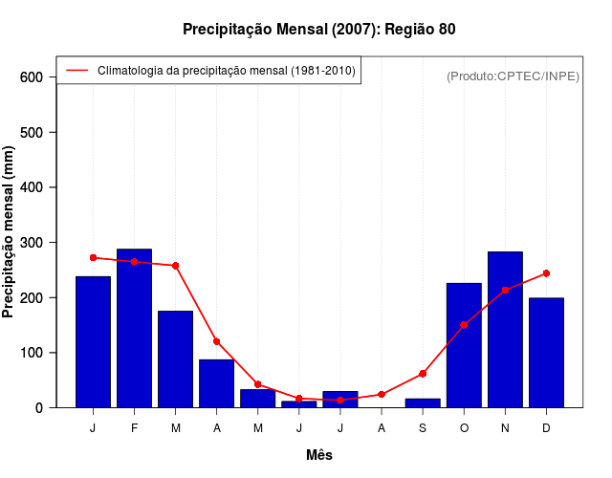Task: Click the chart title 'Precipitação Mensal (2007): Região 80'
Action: (319, 30)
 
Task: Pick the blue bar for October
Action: (464, 345)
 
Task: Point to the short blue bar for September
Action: (423, 402)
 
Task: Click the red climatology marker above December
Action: (546, 273)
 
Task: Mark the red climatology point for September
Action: (423, 374)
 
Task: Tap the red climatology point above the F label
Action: (134, 262)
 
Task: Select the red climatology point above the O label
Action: (464, 325)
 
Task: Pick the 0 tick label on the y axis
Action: (39, 408)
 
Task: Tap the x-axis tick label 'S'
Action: (423, 428)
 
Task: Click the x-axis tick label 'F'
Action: (134, 428)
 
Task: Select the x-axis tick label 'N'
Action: (505, 428)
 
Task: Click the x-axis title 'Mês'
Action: (319, 456)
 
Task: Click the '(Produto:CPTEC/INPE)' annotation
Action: (514, 76)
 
